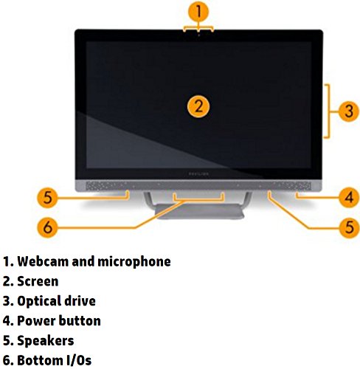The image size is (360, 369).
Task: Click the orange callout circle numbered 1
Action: (x=198, y=12)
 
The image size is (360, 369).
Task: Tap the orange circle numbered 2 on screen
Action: (x=198, y=106)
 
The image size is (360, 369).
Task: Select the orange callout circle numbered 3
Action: (x=349, y=111)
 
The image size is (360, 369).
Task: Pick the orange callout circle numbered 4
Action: (x=349, y=197)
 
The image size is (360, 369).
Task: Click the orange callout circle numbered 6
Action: (x=47, y=227)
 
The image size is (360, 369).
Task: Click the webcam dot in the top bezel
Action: (x=198, y=35)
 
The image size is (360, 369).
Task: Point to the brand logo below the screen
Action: (x=198, y=174)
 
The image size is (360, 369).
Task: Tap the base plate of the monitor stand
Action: (x=199, y=211)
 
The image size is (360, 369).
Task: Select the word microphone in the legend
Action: (x=134, y=262)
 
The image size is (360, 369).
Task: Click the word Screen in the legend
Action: (x=38, y=281)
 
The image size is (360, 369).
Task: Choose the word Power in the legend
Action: (x=36, y=321)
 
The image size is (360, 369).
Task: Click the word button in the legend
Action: (x=80, y=321)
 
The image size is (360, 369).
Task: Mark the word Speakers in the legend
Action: (x=46, y=341)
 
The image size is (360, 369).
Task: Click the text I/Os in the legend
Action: (x=79, y=360)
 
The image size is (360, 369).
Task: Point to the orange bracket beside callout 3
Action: (x=328, y=111)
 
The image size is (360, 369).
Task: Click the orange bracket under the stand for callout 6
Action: (x=198, y=200)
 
